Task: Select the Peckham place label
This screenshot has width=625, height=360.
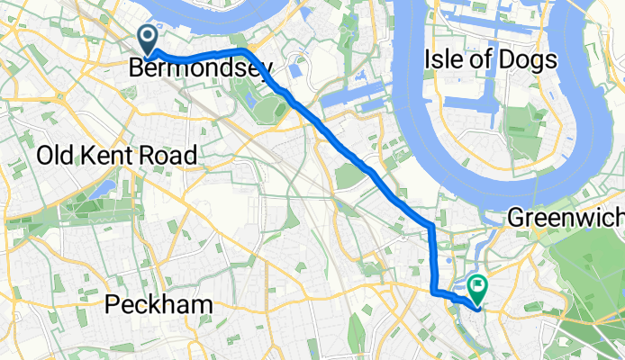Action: (x=159, y=305)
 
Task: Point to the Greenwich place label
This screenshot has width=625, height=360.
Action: (x=566, y=217)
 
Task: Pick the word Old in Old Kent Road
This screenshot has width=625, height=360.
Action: (x=56, y=155)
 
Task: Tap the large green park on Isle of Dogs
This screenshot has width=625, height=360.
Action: (x=520, y=126)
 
